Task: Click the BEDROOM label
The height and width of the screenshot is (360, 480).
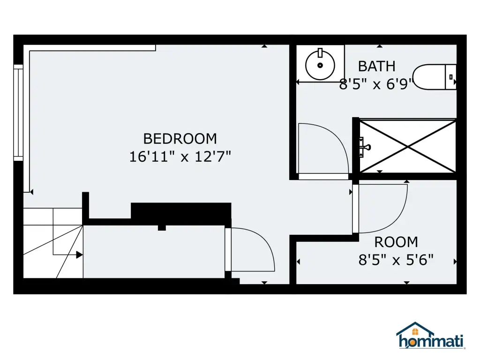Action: click(x=180, y=139)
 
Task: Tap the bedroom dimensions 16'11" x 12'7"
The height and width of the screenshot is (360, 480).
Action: click(x=180, y=157)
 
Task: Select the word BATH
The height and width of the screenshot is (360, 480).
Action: click(x=376, y=67)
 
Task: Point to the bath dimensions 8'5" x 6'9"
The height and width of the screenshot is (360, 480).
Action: click(x=376, y=84)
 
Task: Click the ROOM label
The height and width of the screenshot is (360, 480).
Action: click(x=396, y=242)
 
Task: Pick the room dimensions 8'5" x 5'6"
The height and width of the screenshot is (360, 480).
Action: click(x=396, y=260)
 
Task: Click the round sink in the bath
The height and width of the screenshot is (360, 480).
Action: click(x=320, y=65)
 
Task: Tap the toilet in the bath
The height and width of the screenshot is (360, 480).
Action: click(x=435, y=77)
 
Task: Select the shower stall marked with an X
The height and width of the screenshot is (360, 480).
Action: click(x=408, y=146)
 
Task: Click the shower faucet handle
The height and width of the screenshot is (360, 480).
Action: click(x=365, y=147)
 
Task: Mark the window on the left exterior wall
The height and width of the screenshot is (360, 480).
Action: click(x=18, y=112)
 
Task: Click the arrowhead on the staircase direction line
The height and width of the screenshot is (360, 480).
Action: click(x=79, y=255)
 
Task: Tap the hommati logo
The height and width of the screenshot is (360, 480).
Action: click(x=430, y=336)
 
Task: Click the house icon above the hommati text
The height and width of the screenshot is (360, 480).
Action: click(x=415, y=329)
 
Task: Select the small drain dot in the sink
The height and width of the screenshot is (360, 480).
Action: click(x=320, y=65)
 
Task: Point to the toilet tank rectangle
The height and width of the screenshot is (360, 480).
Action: click(x=450, y=77)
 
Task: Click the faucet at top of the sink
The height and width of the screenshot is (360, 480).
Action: click(x=320, y=52)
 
